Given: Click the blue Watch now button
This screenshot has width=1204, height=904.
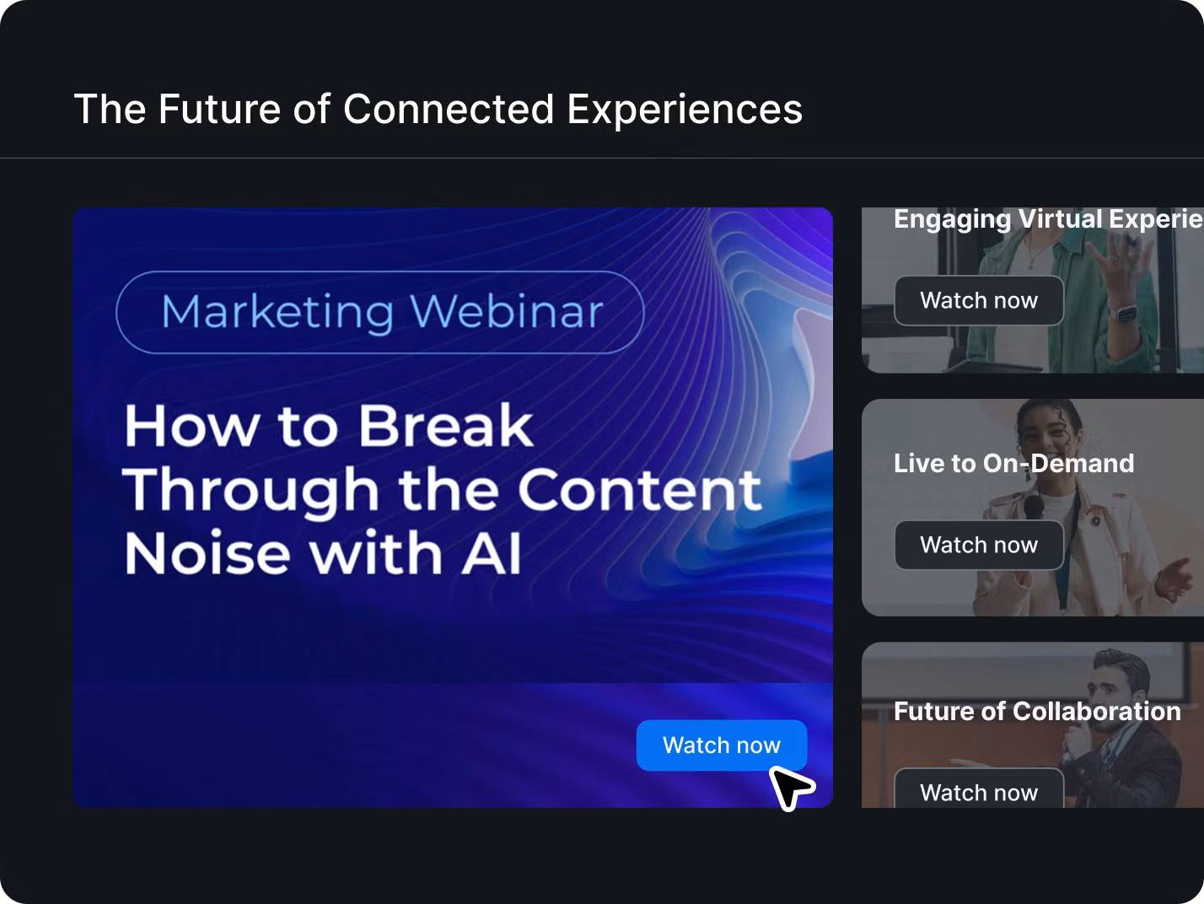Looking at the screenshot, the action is (x=721, y=745).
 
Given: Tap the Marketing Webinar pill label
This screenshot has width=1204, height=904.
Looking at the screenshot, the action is (x=380, y=312).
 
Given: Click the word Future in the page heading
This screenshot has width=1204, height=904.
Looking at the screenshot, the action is (x=220, y=109).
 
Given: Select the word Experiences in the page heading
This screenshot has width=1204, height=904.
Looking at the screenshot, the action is (x=685, y=109).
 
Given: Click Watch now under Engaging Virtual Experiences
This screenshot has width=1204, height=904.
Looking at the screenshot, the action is (x=979, y=300).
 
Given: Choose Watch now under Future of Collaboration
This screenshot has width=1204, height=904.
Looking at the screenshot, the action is (x=979, y=790).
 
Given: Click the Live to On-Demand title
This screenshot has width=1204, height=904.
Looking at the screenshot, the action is (x=1013, y=463).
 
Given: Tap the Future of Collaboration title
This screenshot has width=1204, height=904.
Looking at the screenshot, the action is (x=1037, y=711).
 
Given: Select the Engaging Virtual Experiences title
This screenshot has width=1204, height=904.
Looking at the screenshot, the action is (x=1048, y=219).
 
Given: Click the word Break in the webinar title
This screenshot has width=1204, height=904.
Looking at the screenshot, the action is (x=445, y=426).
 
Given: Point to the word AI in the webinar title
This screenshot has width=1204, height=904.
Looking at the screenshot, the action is (x=491, y=552).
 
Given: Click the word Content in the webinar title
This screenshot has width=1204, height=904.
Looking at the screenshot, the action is (x=640, y=489).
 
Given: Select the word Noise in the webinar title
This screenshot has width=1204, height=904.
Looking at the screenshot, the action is (x=207, y=552).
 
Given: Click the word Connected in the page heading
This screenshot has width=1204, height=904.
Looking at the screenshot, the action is (x=449, y=109).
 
